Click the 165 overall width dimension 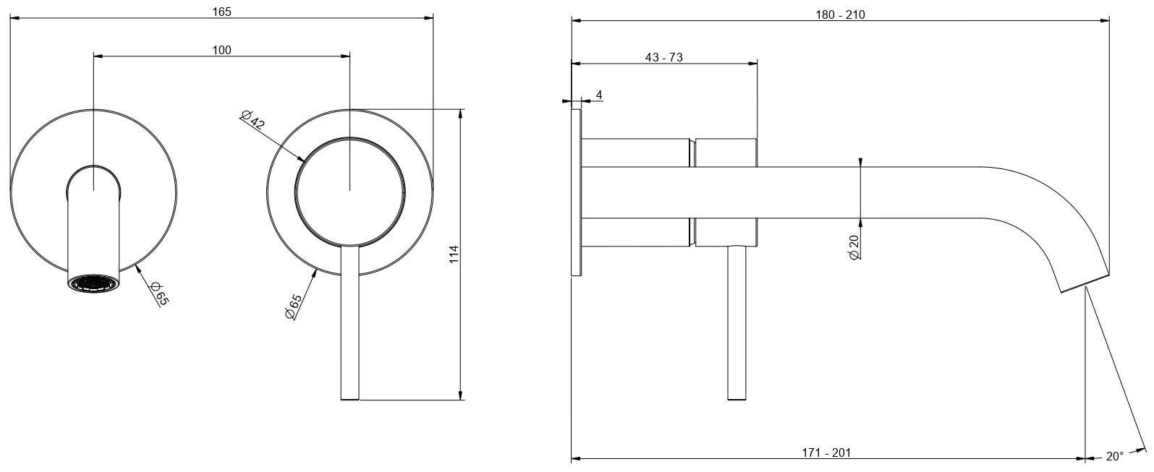click(x=222, y=12)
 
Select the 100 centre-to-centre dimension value click(x=222, y=50)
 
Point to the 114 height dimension click(x=454, y=254)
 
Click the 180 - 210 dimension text click(x=840, y=14)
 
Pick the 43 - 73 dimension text click(x=664, y=57)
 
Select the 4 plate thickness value click(x=599, y=95)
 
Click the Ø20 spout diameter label click(x=854, y=247)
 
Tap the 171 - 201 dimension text click(x=826, y=452)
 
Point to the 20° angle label click(x=1114, y=456)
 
